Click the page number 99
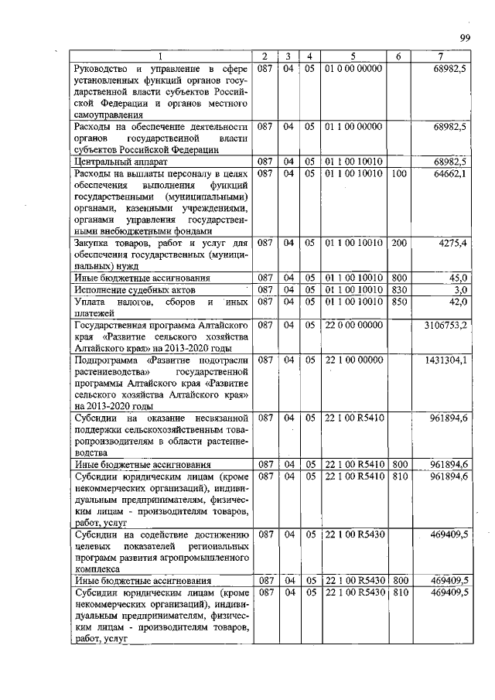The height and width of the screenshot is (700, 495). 466,38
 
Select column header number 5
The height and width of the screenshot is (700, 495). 352,56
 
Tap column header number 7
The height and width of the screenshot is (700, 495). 440,56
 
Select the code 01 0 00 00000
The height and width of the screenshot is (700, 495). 353,68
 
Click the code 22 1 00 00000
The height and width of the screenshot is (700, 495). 353,360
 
